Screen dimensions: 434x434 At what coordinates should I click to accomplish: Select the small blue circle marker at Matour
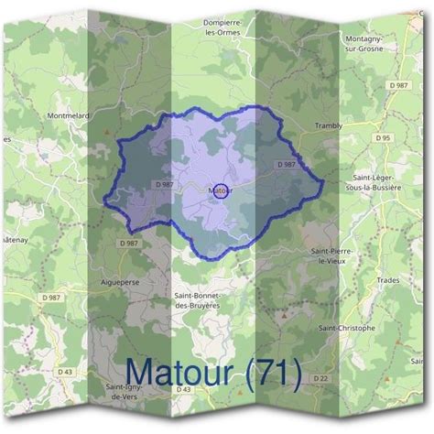tap(220, 191)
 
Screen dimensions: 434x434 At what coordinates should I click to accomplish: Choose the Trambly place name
tap(327, 125)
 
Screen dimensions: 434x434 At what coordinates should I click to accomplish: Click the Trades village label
tap(387, 280)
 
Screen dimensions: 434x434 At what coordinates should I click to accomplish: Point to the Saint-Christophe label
tap(345, 327)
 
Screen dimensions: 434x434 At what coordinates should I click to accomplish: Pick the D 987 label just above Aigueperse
tap(129, 243)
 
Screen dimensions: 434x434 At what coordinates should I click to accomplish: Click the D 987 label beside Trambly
tap(286, 164)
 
